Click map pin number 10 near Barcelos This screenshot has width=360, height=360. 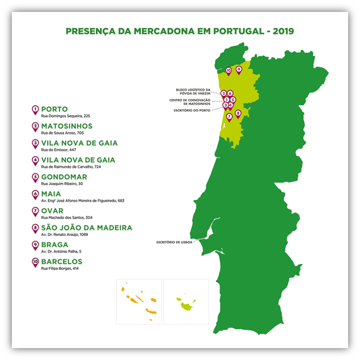229,70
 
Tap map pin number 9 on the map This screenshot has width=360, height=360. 239,69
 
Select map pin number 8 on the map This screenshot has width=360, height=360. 238,113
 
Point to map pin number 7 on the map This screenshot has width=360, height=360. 229,117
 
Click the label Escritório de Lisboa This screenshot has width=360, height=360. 174,243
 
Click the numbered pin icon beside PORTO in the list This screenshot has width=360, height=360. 36,110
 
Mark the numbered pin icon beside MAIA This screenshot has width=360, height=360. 36,195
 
